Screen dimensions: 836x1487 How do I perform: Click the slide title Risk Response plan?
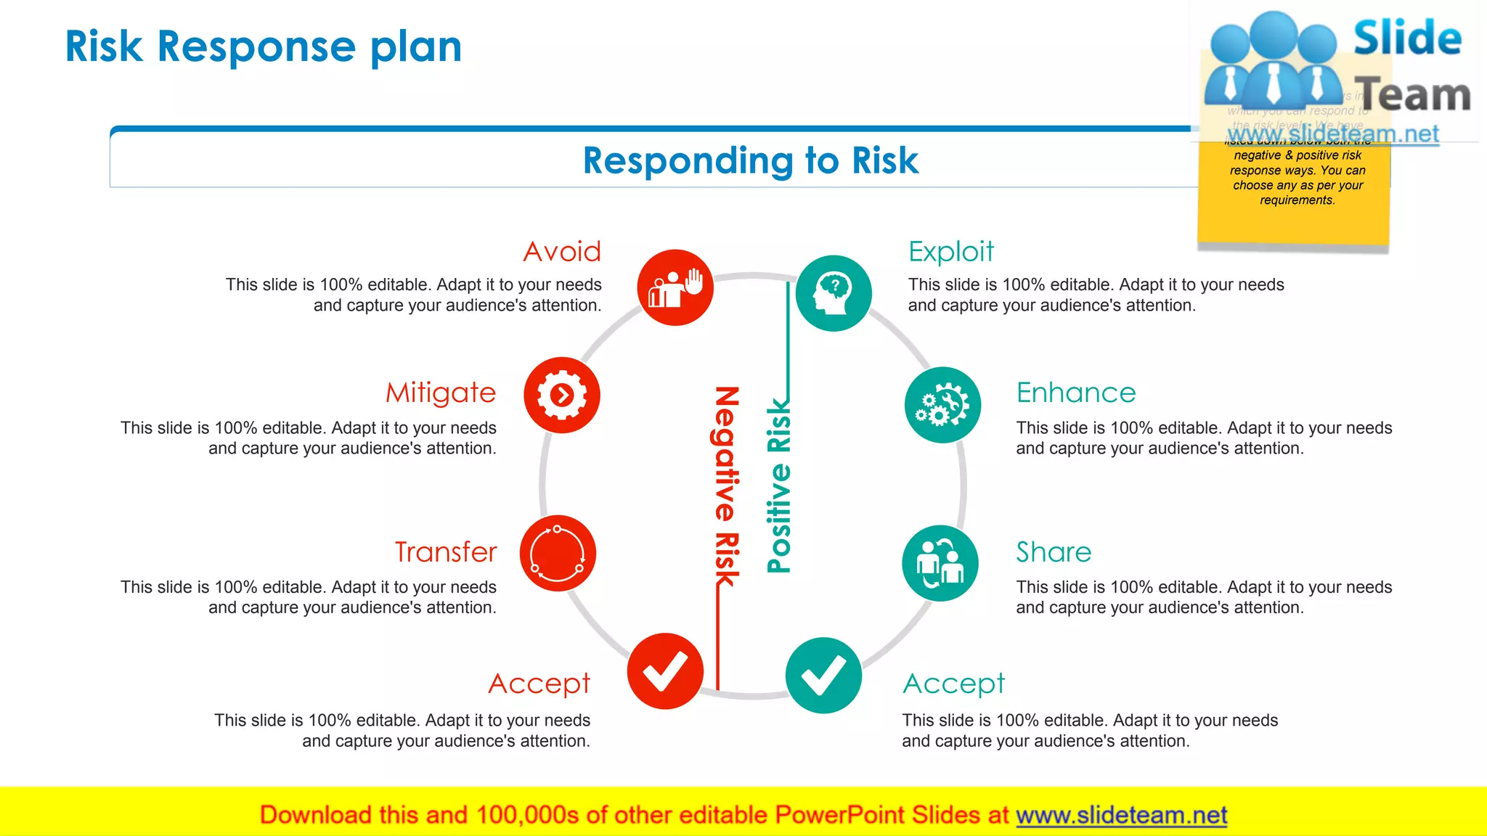click(x=263, y=46)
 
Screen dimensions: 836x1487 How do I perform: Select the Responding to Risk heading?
click(x=750, y=160)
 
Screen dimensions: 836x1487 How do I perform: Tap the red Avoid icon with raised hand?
click(x=675, y=287)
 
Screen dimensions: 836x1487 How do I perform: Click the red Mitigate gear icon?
click(x=561, y=395)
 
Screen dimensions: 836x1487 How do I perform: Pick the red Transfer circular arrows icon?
click(x=558, y=553)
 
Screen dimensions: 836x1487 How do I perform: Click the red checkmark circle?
click(x=665, y=671)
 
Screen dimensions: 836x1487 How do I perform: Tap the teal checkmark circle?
click(x=823, y=675)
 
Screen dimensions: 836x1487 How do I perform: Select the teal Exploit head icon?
click(x=834, y=293)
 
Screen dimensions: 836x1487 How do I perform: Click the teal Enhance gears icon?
click(x=942, y=405)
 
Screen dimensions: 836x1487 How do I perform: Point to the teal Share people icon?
click(x=940, y=563)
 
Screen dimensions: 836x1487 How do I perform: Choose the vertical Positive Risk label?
click(x=779, y=486)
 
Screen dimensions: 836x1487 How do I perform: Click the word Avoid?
click(x=562, y=252)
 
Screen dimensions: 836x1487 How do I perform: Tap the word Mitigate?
click(x=441, y=393)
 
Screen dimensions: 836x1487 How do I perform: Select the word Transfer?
click(x=446, y=552)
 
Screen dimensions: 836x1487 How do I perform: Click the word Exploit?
click(x=950, y=252)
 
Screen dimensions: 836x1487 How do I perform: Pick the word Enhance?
click(x=1075, y=393)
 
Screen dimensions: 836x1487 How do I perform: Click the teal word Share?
click(x=1053, y=552)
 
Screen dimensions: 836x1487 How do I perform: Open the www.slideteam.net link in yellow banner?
click(x=1121, y=815)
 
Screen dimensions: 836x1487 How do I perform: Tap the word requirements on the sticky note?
click(x=1297, y=200)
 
